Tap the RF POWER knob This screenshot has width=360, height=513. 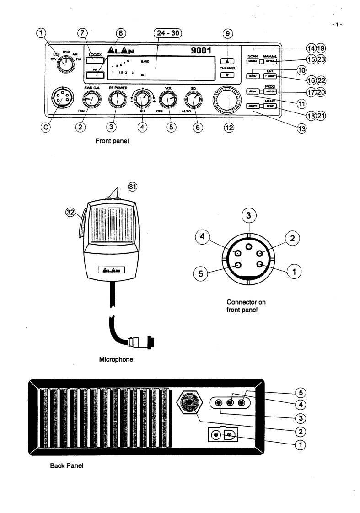pos(117,99)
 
